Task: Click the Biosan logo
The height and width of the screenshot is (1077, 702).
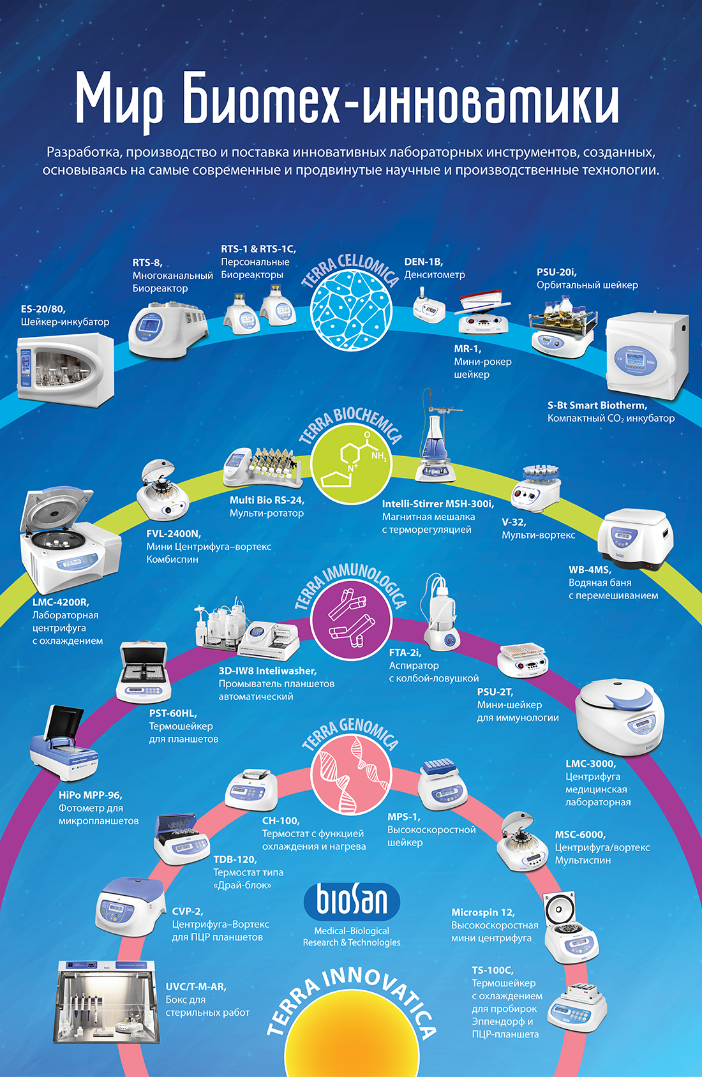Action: [352, 901]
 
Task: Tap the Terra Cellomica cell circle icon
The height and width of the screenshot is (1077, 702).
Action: [351, 310]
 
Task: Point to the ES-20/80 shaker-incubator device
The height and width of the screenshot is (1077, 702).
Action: [66, 368]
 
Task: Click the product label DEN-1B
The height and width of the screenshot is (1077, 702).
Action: [423, 262]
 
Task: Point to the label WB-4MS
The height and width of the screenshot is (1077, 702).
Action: [590, 570]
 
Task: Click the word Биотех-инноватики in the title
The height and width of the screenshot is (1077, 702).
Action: [400, 101]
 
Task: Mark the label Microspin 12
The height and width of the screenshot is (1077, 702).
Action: [482, 912]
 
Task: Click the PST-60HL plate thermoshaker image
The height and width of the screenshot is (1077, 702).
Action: [144, 672]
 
